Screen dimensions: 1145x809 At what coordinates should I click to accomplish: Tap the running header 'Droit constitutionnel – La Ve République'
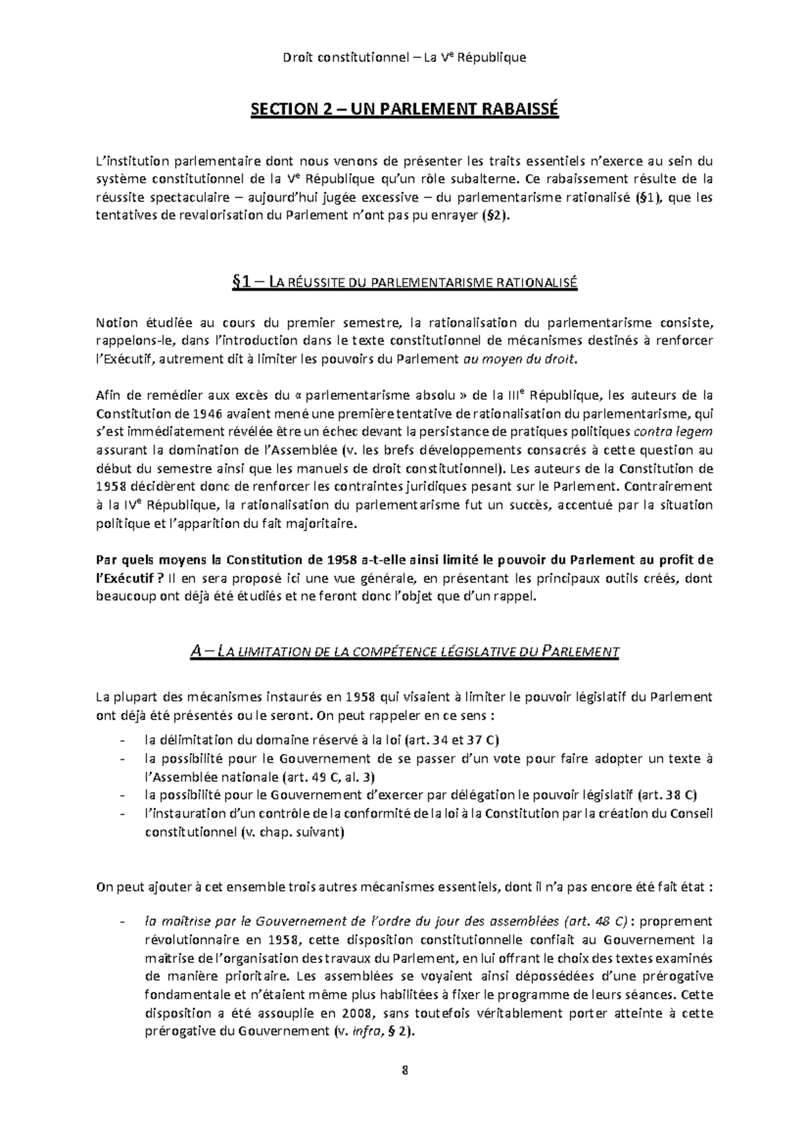404,57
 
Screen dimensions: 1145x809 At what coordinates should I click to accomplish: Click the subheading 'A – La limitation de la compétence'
404,652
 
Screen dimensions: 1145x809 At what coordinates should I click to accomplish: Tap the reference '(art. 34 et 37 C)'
451,740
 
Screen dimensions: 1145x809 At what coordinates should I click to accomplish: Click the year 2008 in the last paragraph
357,1014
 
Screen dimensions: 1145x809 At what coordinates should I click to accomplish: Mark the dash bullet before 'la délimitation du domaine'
122,740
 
